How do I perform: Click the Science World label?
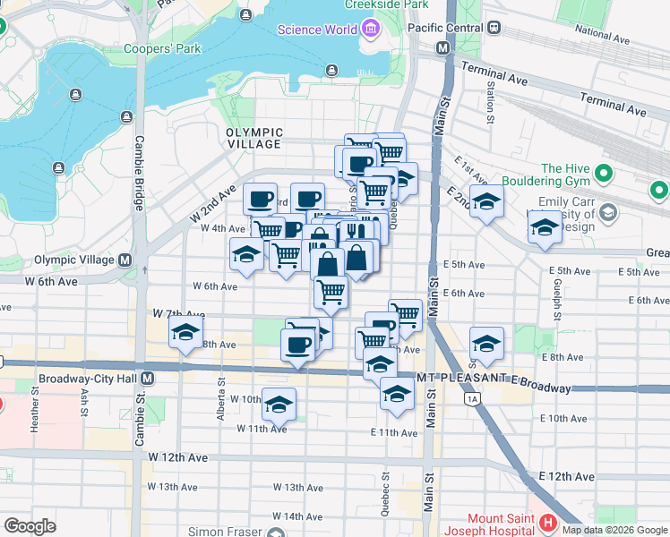[x=318, y=30]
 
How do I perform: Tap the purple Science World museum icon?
[x=370, y=30]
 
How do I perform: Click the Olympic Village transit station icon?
[x=125, y=260]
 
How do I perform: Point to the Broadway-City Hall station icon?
[x=148, y=379]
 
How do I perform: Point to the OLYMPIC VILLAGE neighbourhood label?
[x=254, y=138]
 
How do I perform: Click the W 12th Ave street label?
[x=178, y=457]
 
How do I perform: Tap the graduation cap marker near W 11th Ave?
[x=279, y=405]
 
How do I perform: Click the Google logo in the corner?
[x=30, y=526]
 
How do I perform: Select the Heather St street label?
[x=35, y=413]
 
